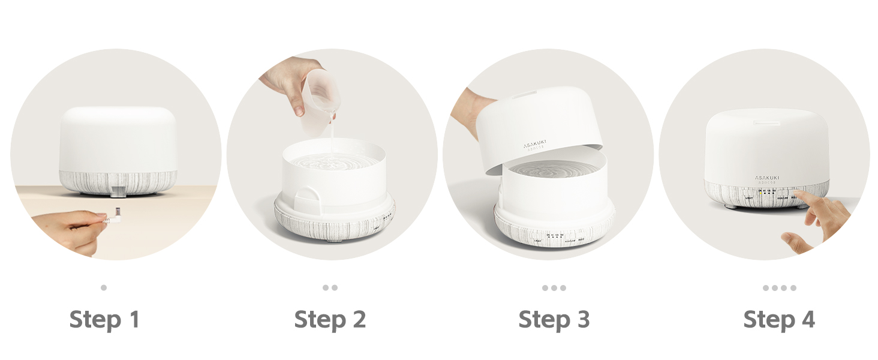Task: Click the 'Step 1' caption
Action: (x=104, y=319)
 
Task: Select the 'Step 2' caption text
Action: (x=330, y=319)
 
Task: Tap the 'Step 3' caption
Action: (x=554, y=319)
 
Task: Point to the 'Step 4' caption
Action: (x=779, y=319)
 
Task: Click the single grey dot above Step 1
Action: (x=104, y=287)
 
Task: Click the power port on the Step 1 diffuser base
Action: (x=118, y=191)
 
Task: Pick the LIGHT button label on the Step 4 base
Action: (x=748, y=197)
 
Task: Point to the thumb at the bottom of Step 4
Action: (x=795, y=241)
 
